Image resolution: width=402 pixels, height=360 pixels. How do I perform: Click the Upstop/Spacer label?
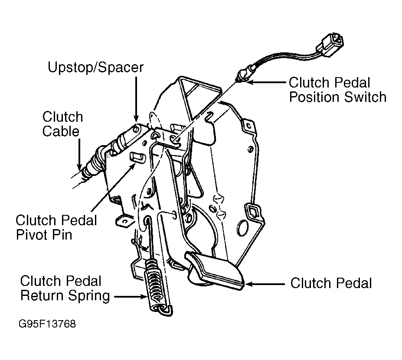click(x=95, y=68)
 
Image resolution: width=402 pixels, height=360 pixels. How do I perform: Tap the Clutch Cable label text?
click(x=62, y=124)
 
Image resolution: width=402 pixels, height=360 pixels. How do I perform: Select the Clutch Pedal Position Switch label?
click(x=337, y=90)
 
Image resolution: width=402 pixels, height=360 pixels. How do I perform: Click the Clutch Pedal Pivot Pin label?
click(x=56, y=227)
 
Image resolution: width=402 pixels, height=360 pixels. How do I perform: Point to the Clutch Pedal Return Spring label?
click(x=65, y=288)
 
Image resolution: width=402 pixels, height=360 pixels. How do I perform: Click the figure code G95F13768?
click(x=47, y=324)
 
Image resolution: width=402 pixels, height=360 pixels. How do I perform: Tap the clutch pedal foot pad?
click(x=214, y=270)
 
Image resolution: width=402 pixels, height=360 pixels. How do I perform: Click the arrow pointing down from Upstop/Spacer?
click(x=136, y=99)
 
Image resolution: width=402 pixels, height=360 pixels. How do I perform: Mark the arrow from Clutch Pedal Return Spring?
click(x=131, y=297)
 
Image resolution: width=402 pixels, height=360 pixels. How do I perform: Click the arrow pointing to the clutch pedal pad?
click(x=265, y=284)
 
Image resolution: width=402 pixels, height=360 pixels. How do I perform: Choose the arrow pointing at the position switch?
click(x=267, y=82)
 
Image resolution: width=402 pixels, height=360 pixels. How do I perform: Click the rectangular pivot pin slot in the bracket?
click(x=137, y=157)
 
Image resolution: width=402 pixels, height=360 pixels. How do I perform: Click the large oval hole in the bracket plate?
click(x=243, y=227)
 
